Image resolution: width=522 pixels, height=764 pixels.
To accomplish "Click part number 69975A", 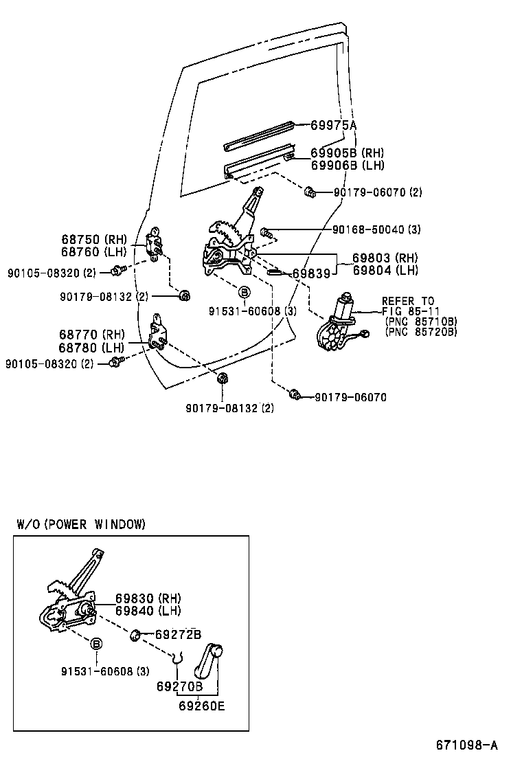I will tap(333, 125).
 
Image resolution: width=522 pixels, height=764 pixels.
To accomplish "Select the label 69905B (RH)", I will tap(347, 153).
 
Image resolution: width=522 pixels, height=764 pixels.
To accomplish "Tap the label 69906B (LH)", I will tap(347, 165).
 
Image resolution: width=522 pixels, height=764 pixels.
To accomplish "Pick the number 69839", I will tap(312, 273).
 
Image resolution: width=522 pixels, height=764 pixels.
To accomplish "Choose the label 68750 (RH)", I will tap(94, 239).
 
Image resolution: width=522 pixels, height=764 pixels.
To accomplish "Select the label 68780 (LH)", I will tap(93, 347).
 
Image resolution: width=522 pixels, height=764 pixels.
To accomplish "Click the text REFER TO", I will tap(408, 301).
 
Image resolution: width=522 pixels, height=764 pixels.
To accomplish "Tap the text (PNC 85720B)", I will tap(420, 332).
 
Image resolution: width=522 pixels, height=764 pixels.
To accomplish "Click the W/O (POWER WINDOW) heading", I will tap(81, 524).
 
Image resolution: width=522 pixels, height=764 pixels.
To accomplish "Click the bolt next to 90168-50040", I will tap(267, 232).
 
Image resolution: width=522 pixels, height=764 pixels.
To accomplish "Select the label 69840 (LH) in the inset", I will tap(148, 611).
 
